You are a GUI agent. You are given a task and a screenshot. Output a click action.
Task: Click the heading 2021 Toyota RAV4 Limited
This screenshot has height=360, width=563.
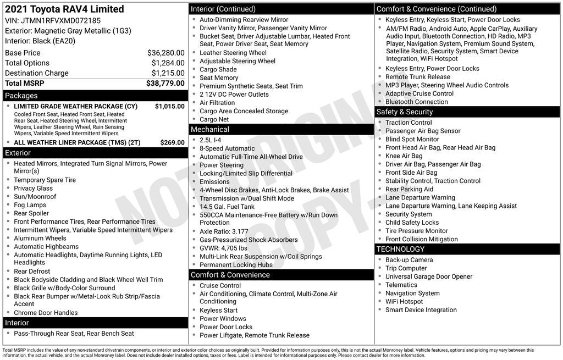(64, 9)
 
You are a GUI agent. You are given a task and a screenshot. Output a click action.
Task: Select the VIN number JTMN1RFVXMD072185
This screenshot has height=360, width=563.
(60, 20)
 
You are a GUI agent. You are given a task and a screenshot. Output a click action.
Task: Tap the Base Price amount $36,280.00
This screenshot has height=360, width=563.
(165, 53)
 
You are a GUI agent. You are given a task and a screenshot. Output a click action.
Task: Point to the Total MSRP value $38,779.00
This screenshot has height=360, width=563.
(165, 84)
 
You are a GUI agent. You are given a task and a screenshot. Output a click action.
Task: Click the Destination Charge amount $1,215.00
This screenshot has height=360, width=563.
(168, 73)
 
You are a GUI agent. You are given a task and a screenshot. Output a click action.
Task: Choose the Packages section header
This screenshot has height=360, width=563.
(21, 96)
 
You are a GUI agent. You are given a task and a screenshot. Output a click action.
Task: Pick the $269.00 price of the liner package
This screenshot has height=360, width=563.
(172, 142)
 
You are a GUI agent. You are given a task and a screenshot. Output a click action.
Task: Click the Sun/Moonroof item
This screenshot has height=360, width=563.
(35, 197)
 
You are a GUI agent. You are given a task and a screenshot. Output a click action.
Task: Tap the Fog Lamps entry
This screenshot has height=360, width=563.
(30, 205)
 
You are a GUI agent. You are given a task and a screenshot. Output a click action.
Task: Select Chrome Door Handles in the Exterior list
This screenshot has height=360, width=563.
(46, 313)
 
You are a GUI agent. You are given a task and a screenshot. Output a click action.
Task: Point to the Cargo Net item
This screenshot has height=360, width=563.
(214, 119)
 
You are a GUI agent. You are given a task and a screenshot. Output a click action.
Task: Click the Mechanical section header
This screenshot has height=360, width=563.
(210, 130)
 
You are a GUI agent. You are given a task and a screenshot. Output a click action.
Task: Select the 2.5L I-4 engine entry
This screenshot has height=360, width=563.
(211, 140)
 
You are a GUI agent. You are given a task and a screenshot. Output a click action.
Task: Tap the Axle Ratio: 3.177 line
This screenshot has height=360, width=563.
(224, 231)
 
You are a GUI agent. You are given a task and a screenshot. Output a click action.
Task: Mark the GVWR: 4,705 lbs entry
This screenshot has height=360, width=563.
(223, 248)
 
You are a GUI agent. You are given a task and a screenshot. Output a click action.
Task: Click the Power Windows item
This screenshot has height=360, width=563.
(223, 319)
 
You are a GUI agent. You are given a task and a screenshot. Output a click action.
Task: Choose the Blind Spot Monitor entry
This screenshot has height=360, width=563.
(412, 140)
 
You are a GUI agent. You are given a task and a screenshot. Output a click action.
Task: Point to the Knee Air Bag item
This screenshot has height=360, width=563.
(404, 156)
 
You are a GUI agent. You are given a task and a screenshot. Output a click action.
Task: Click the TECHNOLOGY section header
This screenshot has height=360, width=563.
(401, 250)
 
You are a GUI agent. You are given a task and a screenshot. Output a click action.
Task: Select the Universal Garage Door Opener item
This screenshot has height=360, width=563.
(429, 276)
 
